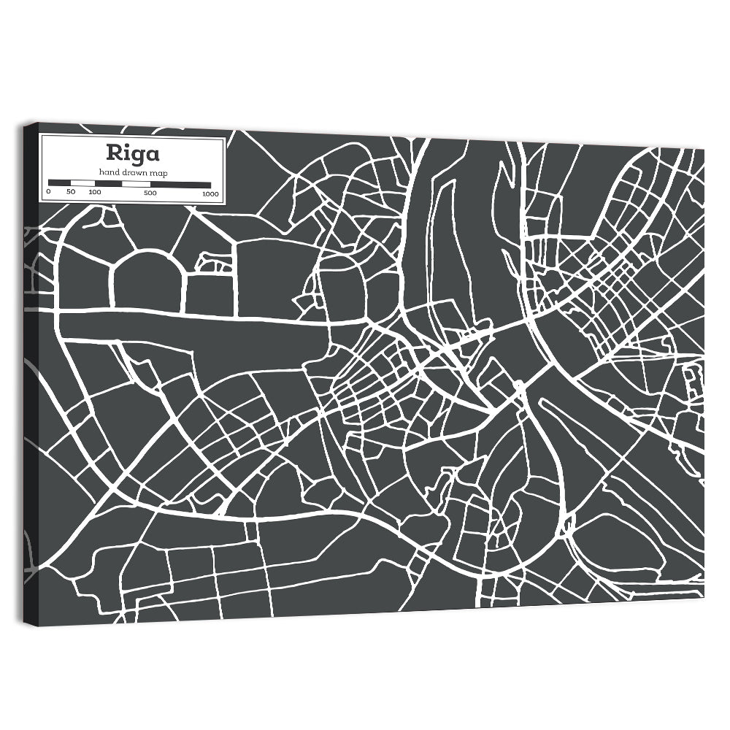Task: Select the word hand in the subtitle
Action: [109, 172]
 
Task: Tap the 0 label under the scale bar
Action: [48, 192]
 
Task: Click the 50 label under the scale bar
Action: [71, 192]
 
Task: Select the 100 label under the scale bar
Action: [95, 192]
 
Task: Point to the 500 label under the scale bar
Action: [150, 193]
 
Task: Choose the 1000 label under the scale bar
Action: [211, 194]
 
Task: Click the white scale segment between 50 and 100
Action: [82, 183]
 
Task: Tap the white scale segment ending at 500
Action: [136, 184]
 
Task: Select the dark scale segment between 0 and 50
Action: [59, 182]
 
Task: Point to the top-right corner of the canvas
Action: [704, 148]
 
